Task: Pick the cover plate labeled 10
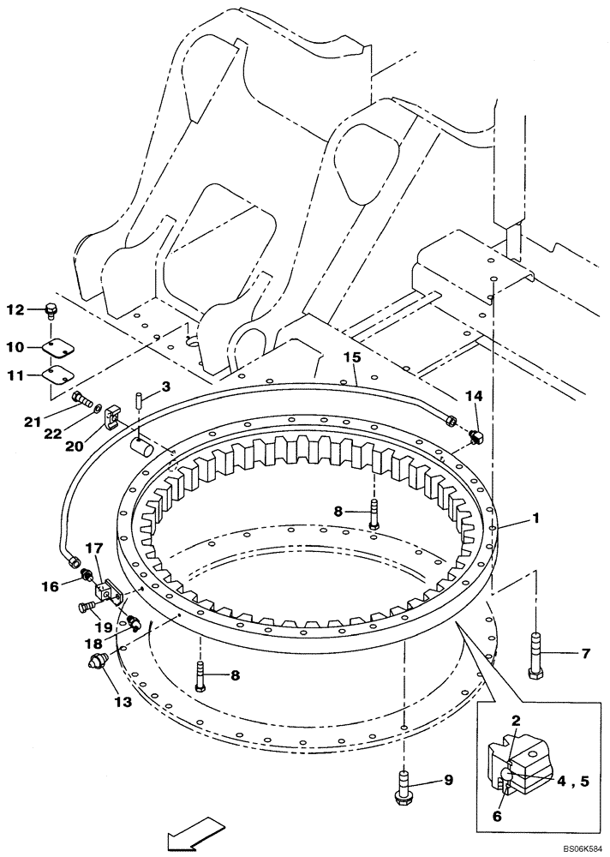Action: click(x=56, y=348)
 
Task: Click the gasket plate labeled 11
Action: click(x=56, y=375)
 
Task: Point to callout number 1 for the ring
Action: click(x=537, y=518)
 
